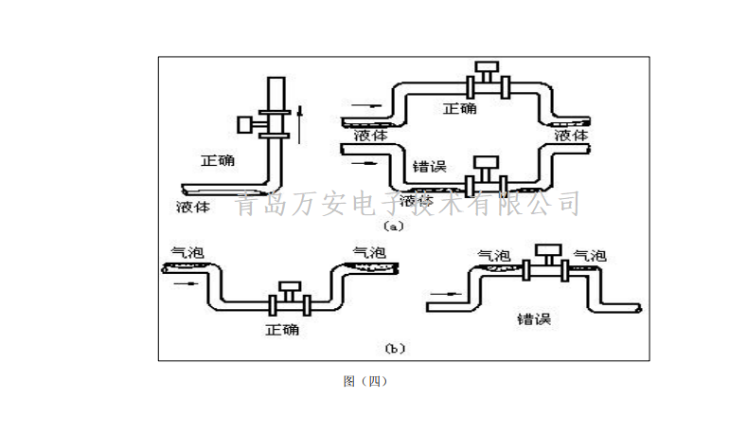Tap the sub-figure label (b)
(x=395, y=349)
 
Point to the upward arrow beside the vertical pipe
(x=300, y=123)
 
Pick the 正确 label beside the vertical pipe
(x=218, y=160)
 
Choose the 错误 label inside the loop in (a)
(x=429, y=167)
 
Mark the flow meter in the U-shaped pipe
(x=289, y=299)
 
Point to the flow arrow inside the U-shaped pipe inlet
(x=189, y=282)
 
